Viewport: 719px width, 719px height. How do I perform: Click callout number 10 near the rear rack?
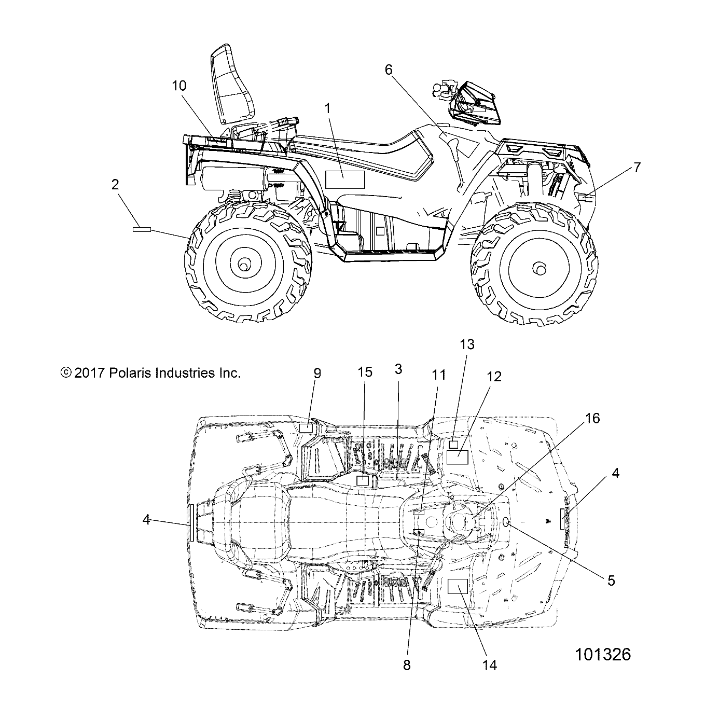pos(179,86)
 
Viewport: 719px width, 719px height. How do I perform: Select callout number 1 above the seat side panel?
pos(327,108)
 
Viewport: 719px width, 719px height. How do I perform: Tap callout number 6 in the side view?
pos(389,70)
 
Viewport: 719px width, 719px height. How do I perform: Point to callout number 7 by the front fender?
pos(637,168)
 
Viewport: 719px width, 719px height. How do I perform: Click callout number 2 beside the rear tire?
pos(115,184)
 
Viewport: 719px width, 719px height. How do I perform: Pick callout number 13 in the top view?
pos(467,344)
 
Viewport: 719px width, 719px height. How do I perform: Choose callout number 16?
pos(592,418)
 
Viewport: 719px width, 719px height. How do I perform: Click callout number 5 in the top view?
pos(611,580)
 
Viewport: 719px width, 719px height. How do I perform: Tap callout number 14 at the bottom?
pos(490,665)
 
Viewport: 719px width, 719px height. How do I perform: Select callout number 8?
pos(407,666)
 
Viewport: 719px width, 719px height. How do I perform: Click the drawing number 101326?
pos(602,655)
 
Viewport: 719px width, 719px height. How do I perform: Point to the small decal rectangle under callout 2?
pos(141,229)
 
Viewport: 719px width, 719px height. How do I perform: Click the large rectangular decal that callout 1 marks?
pos(345,179)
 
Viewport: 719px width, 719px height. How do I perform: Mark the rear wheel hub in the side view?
pos(242,265)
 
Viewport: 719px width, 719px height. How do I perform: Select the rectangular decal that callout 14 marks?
pos(458,586)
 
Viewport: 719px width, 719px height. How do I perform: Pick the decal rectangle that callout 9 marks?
pos(307,428)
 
